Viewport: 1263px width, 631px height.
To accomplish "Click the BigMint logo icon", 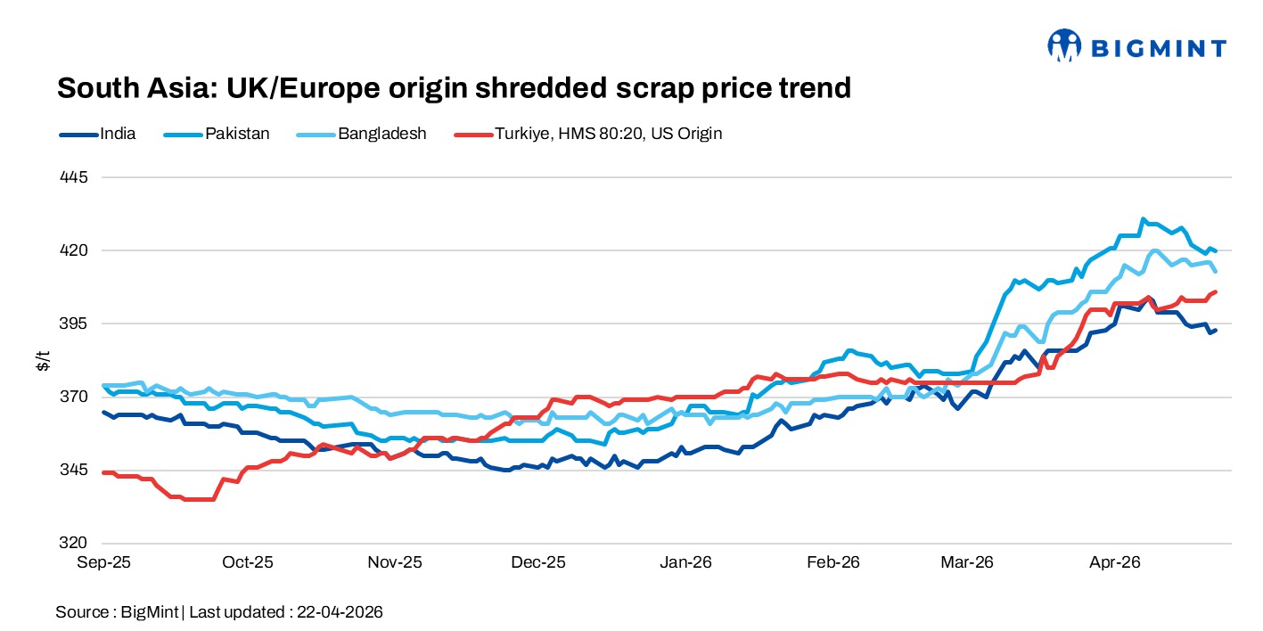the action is (x=1063, y=46).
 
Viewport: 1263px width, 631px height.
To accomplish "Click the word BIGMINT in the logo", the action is (x=1157, y=48).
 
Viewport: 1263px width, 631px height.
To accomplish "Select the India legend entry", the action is (x=118, y=134).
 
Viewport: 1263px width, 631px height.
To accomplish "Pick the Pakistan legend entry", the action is (x=237, y=134).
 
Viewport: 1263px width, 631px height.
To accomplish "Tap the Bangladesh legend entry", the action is (x=381, y=134).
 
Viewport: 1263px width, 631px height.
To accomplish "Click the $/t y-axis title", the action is (x=42, y=360).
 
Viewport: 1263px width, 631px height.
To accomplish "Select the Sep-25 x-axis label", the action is (x=103, y=562).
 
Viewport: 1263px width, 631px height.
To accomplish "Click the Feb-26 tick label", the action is (x=832, y=562).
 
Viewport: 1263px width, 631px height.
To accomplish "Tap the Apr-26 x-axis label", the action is (x=1116, y=562).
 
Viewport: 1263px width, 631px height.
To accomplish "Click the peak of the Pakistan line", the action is (x=1143, y=219).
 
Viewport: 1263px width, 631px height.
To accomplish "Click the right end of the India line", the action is (x=1216, y=331).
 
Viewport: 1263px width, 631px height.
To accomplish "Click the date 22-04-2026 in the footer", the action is (x=339, y=612).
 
